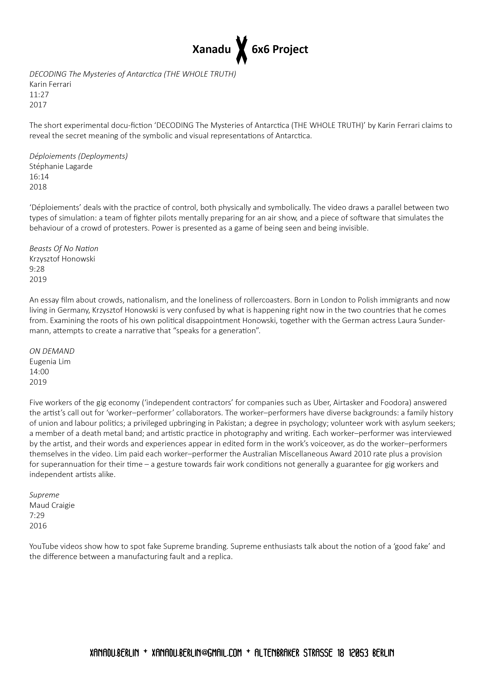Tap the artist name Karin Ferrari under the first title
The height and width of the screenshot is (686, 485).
[x=50, y=84]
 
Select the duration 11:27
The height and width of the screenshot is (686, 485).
[x=39, y=94]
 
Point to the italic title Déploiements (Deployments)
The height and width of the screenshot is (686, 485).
[x=78, y=156]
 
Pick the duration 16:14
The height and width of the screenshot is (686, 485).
[x=39, y=177]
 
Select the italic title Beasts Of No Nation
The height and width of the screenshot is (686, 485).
[x=64, y=249]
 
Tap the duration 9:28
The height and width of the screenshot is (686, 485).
[x=37, y=269]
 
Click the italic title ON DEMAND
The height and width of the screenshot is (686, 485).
[x=52, y=351]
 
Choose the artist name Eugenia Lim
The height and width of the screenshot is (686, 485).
[x=50, y=362]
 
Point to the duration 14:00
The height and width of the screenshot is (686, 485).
[x=39, y=372]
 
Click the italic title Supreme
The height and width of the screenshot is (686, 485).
[x=44, y=495]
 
